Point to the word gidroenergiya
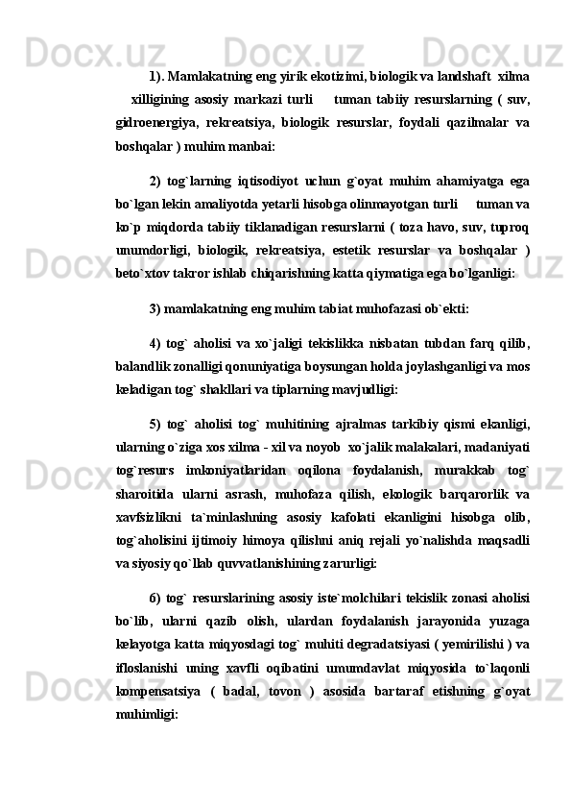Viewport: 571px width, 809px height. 147,122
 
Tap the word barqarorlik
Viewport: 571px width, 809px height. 460,495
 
